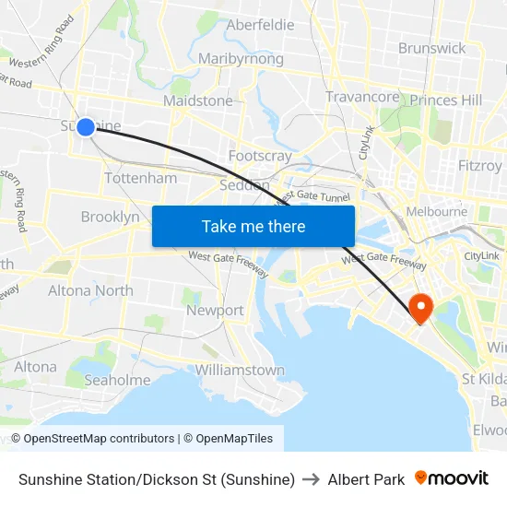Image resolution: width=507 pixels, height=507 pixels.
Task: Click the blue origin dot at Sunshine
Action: pos(85,126)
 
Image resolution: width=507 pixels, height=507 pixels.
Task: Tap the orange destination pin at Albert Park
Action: pos(420,306)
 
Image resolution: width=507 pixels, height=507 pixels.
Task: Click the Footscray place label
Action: pos(260,156)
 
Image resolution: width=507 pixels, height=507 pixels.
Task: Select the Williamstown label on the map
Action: pos(240,370)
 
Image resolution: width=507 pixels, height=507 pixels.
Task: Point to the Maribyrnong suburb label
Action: pos(241,59)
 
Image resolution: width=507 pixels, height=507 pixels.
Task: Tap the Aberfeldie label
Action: pos(260,25)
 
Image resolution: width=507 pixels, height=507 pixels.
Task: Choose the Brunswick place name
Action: pos(431,48)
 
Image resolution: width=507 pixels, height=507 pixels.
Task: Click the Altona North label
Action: pos(90,290)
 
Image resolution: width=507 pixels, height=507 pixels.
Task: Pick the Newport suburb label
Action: pos(215,311)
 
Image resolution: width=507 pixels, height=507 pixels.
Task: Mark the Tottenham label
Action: pos(140,178)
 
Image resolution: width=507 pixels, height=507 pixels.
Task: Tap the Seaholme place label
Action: pos(117,380)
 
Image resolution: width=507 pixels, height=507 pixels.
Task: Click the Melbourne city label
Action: pos(436,211)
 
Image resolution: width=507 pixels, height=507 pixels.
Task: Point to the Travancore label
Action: pos(362,97)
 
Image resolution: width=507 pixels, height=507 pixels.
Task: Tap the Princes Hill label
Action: pos(446,100)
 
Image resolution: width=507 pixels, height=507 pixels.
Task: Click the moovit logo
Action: pos(451,478)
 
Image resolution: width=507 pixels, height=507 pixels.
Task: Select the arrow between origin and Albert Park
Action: pos(311,479)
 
